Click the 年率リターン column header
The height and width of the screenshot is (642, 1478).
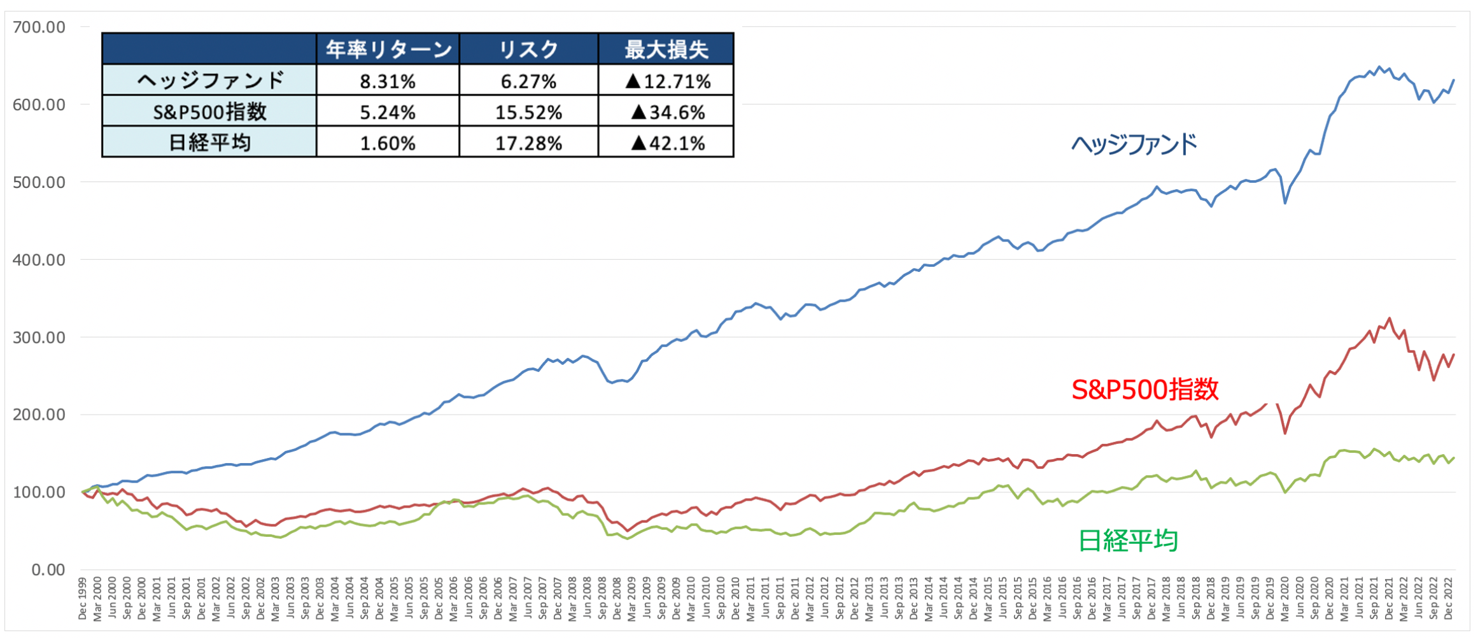click(x=388, y=49)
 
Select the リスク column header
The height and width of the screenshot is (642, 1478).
click(x=528, y=49)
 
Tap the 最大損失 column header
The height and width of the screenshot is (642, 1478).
click(x=666, y=49)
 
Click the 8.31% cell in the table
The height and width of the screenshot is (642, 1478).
click(x=388, y=81)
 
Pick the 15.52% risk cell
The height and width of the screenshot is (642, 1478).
click(x=528, y=112)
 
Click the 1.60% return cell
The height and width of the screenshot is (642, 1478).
click(x=388, y=143)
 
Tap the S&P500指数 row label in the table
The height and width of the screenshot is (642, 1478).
click(x=209, y=112)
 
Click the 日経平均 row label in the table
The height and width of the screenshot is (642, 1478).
click(x=209, y=143)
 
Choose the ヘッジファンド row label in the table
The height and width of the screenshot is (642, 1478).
click(x=209, y=81)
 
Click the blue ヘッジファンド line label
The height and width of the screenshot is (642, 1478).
click(x=1134, y=145)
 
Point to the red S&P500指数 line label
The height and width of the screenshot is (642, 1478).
click(x=1144, y=389)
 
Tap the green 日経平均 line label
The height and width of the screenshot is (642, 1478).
click(x=1128, y=541)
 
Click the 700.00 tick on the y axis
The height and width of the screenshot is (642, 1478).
click(x=39, y=27)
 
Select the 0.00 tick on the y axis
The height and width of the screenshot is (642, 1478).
click(x=48, y=569)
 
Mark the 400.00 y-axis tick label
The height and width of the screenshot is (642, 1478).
click(x=39, y=259)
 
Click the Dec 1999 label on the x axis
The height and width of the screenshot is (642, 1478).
click(x=82, y=599)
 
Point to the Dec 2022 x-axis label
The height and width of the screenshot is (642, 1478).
click(x=1448, y=599)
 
